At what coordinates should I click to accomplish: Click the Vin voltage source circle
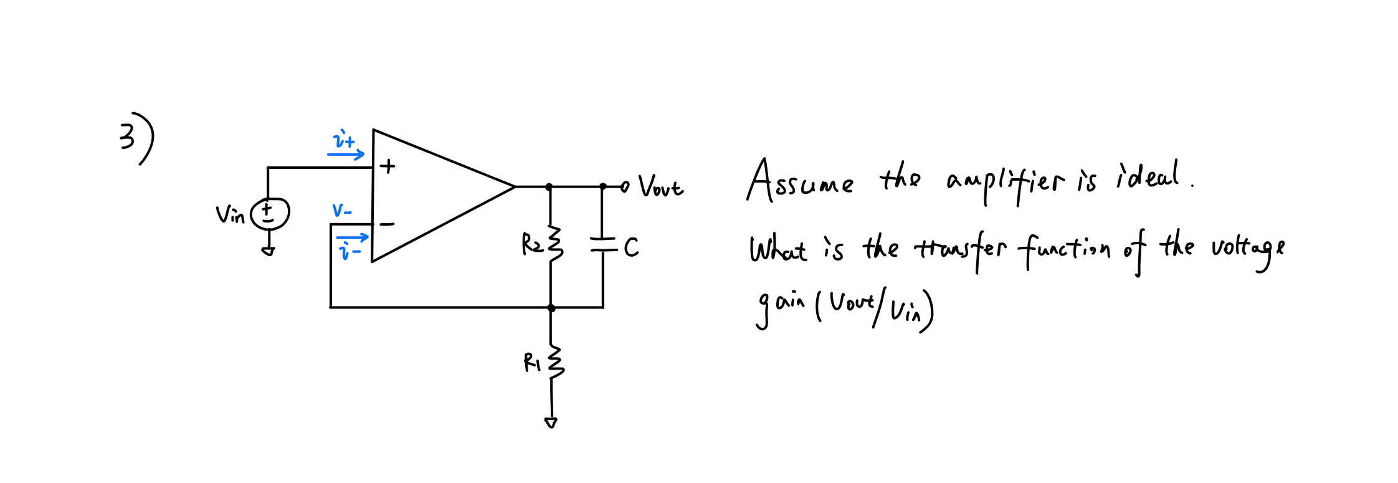point(269,214)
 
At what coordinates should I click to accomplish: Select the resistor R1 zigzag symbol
point(554,362)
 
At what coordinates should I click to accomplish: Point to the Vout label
point(660,186)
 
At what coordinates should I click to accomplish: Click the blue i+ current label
point(345,140)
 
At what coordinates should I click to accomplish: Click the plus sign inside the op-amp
point(388,166)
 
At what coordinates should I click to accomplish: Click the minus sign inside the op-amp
point(387,224)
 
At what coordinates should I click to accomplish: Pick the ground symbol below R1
point(551,423)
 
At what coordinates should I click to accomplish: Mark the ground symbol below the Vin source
point(268,251)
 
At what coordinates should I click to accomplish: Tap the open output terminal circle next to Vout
point(625,186)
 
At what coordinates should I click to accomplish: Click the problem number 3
point(127,136)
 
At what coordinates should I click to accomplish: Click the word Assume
point(800,181)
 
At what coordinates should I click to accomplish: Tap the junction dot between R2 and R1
point(551,308)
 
